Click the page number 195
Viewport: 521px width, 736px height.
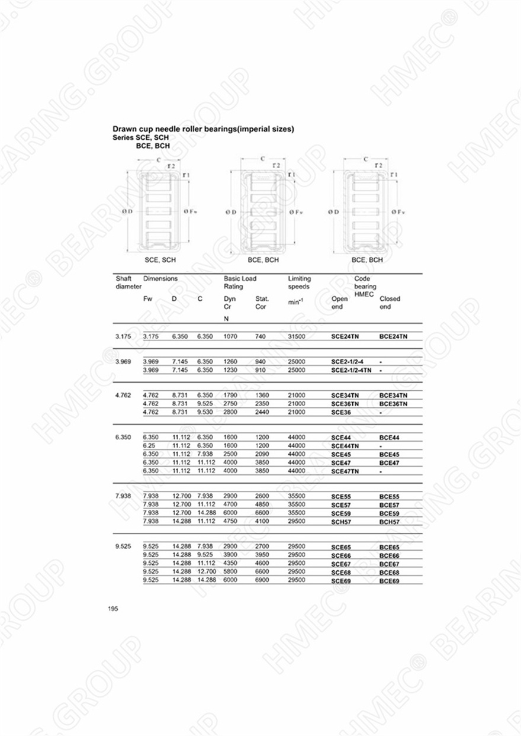click(113, 609)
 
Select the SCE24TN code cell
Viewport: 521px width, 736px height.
click(345, 336)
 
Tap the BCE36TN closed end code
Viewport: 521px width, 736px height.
click(394, 404)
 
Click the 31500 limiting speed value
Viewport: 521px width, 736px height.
click(296, 336)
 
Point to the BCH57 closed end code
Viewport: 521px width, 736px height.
click(390, 522)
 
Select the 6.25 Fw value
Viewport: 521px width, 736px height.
click(149, 445)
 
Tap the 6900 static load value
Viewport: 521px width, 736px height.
click(262, 580)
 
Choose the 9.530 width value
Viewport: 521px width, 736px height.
click(205, 412)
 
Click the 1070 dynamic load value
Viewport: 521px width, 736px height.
click(230, 336)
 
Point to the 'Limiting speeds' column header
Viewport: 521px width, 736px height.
click(299, 282)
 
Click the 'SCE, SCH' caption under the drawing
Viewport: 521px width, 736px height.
click(160, 260)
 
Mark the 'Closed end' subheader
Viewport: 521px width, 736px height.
click(390, 303)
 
